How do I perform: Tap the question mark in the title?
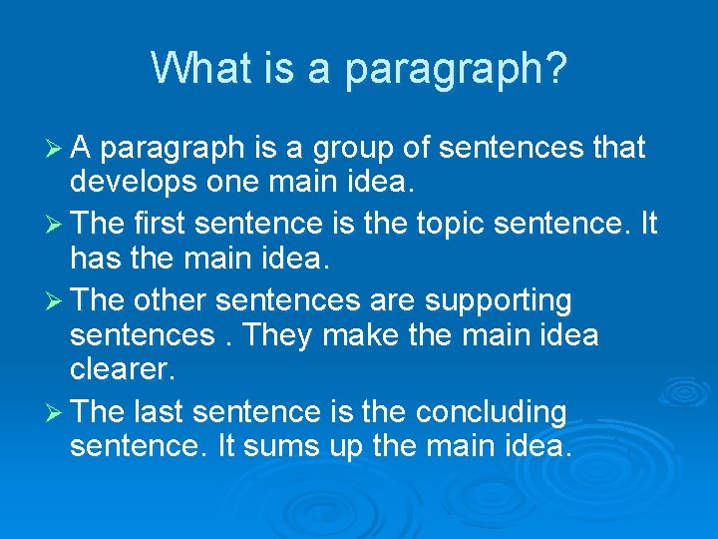coord(556,68)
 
